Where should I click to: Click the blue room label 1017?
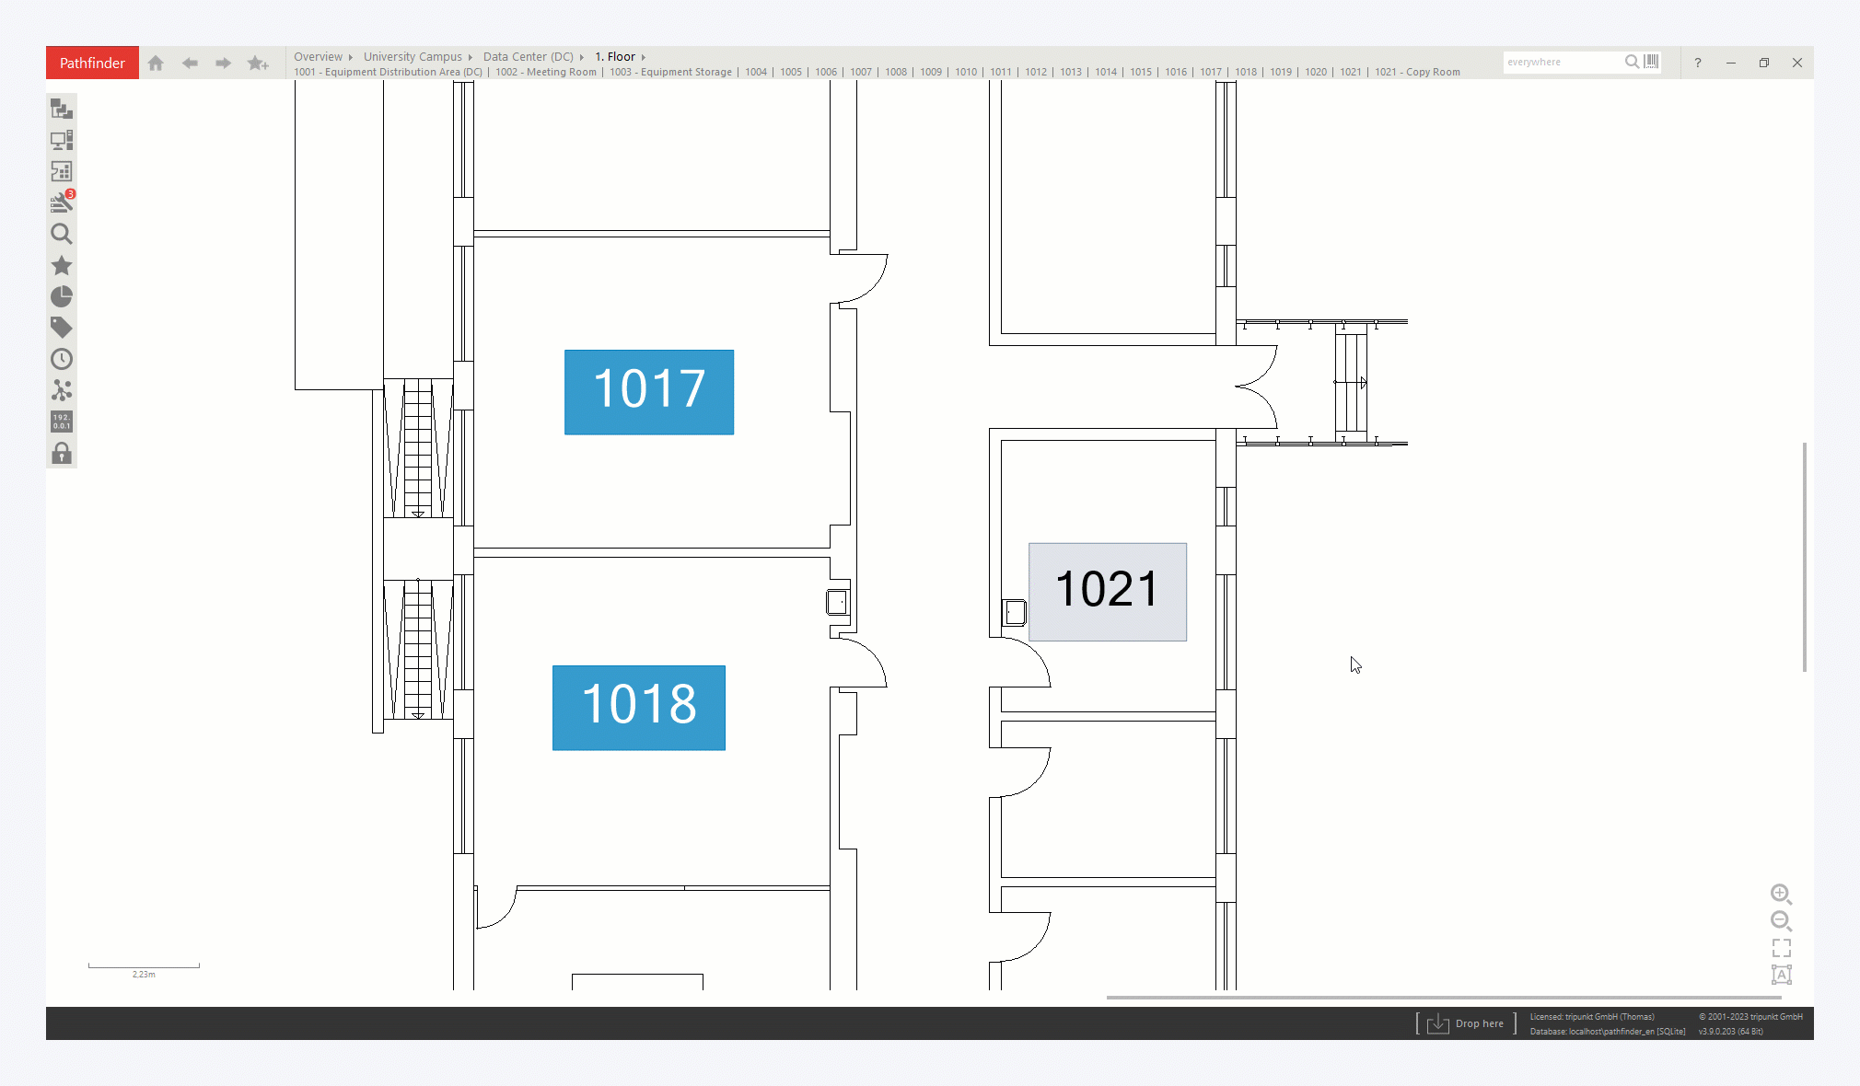(649, 392)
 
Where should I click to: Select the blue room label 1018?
(639, 708)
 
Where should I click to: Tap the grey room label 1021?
(1108, 592)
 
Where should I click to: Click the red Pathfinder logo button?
(92, 63)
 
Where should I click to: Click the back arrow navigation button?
(190, 63)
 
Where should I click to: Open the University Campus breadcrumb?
(413, 56)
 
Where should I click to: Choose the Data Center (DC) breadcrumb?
(529, 56)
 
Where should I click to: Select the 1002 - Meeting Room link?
(546, 72)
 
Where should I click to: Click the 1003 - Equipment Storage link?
(670, 72)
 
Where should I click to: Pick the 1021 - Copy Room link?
(1417, 72)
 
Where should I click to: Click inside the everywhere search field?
(1562, 63)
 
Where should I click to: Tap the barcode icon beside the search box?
(1652, 62)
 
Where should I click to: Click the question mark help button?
(1698, 63)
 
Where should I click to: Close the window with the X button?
(1797, 63)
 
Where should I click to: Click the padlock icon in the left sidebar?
(62, 453)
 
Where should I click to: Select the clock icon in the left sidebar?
(62, 359)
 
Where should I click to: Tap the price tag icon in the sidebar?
(62, 328)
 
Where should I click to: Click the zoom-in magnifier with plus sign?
(1781, 894)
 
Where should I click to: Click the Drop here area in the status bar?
(1466, 1023)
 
